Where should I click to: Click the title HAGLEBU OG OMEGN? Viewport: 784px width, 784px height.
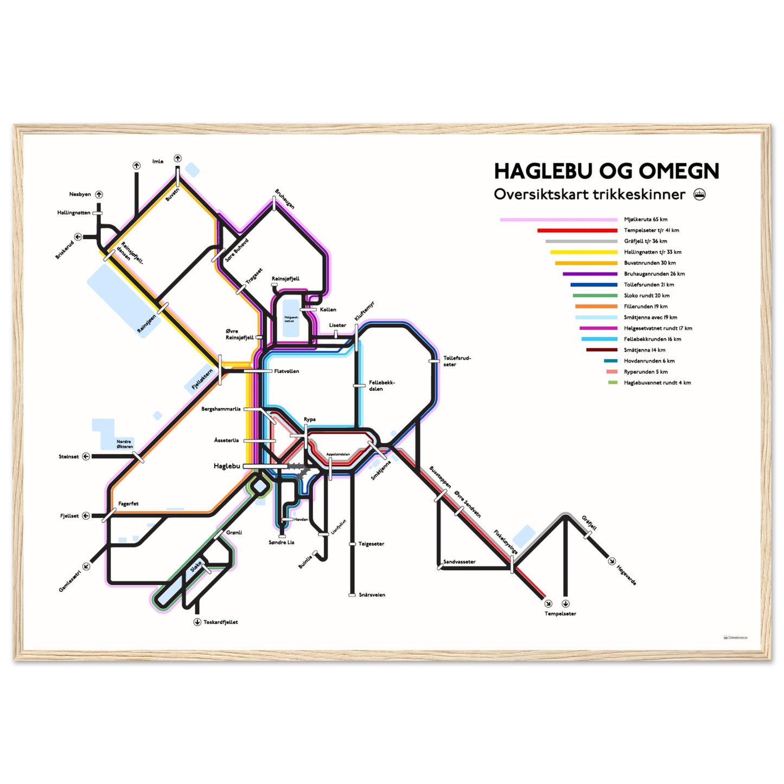[606, 171]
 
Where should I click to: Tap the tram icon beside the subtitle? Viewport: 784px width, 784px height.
[700, 195]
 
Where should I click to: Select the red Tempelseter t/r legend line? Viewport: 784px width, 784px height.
[577, 231]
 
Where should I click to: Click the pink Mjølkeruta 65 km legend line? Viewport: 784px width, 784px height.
[558, 220]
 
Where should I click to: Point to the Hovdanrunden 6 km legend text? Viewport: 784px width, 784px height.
[649, 361]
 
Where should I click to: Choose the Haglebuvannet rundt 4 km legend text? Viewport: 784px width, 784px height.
[657, 383]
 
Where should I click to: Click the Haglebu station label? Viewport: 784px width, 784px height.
[227, 466]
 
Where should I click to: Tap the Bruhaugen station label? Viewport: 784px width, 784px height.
[284, 199]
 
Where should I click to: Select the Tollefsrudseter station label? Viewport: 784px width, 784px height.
[457, 361]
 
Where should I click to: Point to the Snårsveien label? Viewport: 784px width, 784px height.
[372, 595]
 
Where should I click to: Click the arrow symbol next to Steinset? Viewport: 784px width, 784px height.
[86, 457]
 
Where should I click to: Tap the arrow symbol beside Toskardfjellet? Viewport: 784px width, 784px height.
[197, 622]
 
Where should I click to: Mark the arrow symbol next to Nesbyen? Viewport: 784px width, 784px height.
[99, 194]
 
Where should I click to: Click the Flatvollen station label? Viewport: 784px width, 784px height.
[286, 372]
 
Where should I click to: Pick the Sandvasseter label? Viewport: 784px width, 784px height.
[459, 562]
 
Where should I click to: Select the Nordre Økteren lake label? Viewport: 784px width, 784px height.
[124, 444]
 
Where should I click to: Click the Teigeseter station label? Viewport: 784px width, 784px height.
[371, 544]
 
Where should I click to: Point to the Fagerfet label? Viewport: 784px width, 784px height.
[128, 504]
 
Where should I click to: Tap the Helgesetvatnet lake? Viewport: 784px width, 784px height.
[291, 318]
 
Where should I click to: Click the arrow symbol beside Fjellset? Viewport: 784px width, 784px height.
[86, 516]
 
